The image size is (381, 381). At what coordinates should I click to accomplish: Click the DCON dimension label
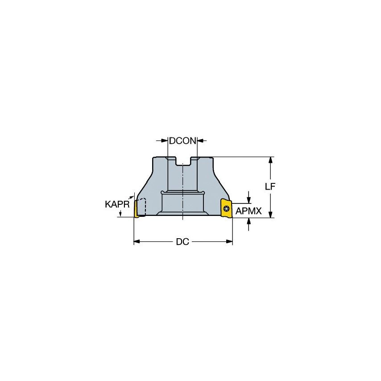point(182,141)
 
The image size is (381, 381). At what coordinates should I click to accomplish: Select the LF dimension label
point(269,187)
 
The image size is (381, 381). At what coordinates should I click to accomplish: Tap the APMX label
point(248,211)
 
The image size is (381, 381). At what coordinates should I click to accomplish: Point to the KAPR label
point(117,204)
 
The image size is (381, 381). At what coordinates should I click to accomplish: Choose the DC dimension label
point(182,242)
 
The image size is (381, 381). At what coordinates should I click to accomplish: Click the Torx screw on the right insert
point(226,208)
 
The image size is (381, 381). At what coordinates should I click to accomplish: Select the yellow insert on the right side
point(227,209)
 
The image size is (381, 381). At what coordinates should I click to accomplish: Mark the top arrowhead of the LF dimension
point(270,160)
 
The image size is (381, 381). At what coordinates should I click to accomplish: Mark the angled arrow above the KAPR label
point(132,195)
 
